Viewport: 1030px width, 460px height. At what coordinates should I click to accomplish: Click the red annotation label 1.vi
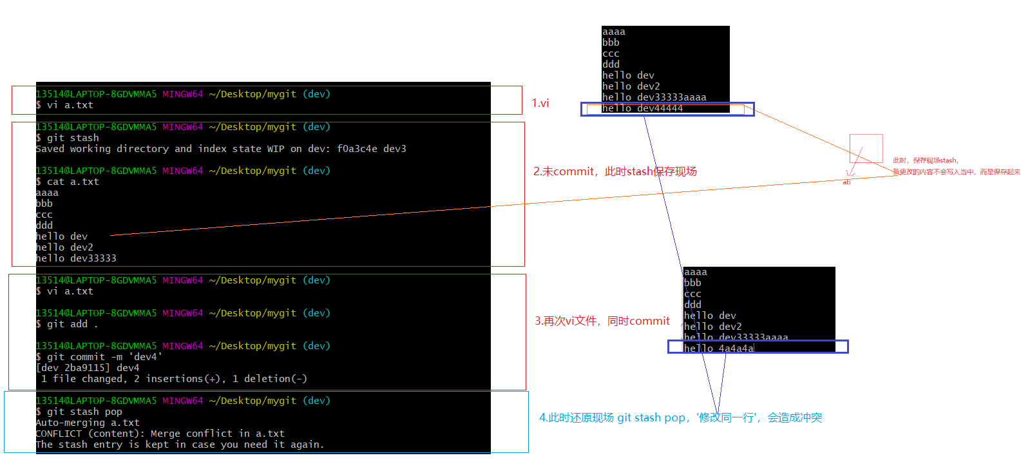540,103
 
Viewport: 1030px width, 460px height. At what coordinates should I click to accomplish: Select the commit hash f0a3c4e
357,149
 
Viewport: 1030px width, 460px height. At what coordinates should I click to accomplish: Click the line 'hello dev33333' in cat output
76,258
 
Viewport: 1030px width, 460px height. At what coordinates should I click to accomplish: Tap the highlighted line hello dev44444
642,108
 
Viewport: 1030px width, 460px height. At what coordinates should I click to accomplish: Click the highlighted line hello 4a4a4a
718,348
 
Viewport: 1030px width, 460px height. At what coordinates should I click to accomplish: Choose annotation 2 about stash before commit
615,171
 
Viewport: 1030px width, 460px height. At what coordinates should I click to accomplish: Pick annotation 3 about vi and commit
602,321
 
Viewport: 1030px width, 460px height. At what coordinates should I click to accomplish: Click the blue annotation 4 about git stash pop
680,417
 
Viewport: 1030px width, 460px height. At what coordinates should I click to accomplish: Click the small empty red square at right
866,148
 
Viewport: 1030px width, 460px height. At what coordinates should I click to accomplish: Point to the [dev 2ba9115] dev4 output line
88,368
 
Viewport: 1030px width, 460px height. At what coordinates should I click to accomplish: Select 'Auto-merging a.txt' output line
88,423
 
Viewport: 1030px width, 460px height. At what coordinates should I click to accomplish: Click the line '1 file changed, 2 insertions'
174,379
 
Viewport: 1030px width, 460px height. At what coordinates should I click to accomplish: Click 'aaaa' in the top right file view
614,32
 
